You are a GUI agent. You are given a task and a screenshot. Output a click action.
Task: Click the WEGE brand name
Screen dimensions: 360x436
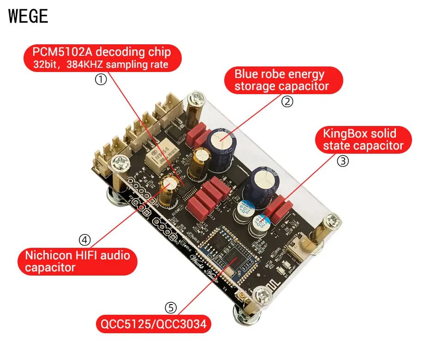(x=28, y=17)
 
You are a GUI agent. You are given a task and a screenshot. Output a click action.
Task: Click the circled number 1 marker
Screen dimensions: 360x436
(x=101, y=79)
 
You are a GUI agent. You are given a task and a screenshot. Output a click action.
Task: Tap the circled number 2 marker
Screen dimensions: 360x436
(x=287, y=102)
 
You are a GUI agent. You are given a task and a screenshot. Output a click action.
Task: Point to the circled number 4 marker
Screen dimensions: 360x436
(x=84, y=240)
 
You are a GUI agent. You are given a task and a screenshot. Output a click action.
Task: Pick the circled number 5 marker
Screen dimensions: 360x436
(x=171, y=307)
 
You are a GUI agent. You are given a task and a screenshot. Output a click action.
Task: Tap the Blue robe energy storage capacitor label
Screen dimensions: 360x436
(x=283, y=80)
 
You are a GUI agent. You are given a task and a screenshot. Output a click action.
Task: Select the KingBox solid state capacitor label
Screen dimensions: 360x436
(x=363, y=140)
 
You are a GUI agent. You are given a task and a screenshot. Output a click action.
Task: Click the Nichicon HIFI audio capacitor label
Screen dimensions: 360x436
(x=78, y=261)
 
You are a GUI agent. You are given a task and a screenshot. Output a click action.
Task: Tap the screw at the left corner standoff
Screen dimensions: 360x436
(x=120, y=162)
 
